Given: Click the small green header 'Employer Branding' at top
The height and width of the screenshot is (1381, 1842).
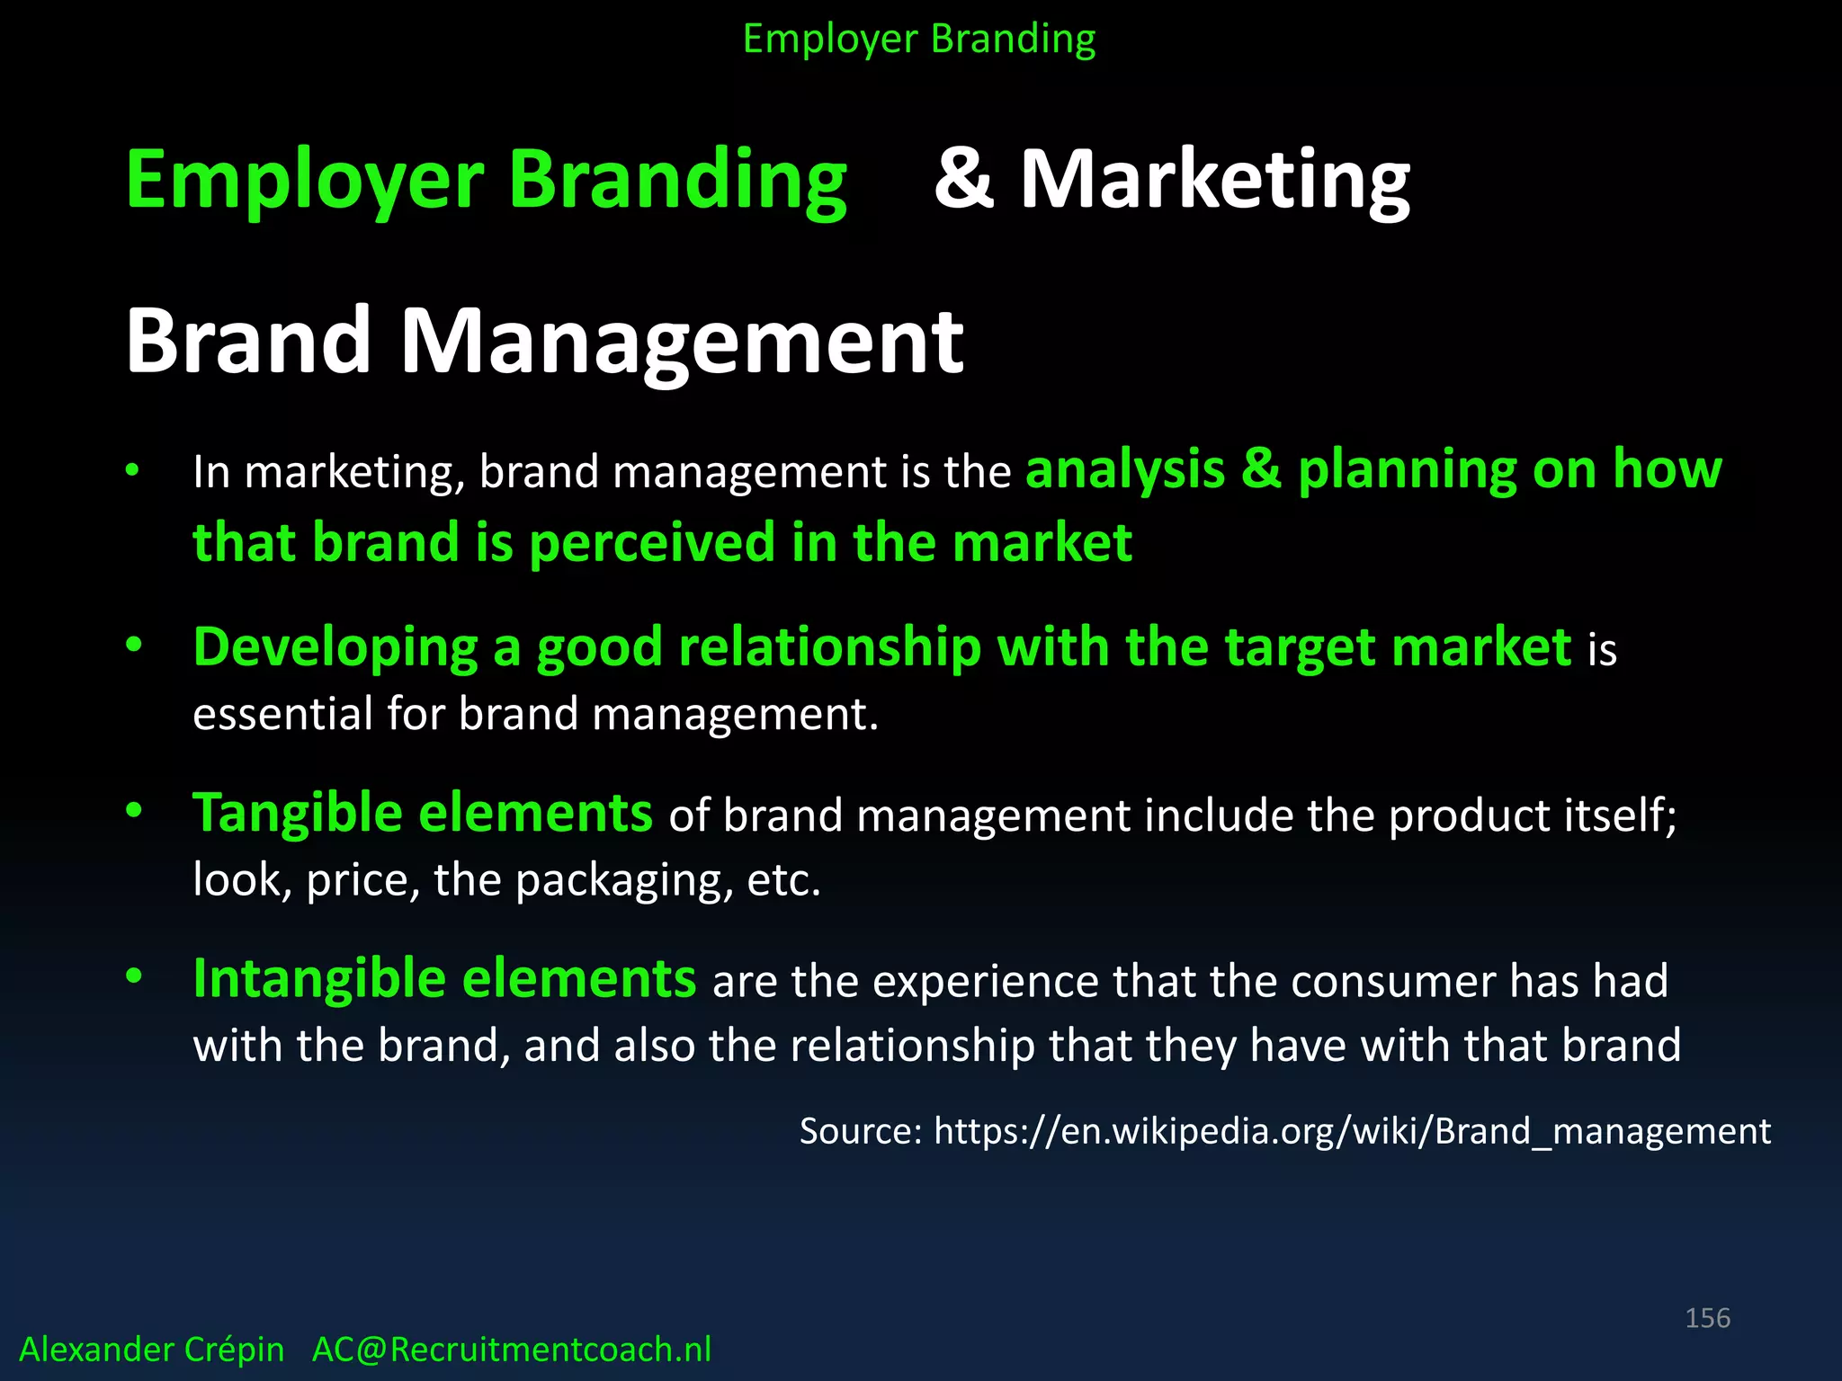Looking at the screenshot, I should (x=919, y=40).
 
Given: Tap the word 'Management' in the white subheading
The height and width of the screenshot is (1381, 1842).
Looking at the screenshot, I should (x=681, y=342).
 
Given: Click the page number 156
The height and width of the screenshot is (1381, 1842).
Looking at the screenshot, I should (x=1707, y=1318).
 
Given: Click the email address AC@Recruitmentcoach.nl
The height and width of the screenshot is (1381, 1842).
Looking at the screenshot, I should (x=511, y=1350).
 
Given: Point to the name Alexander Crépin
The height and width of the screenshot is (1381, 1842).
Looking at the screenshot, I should (x=151, y=1350).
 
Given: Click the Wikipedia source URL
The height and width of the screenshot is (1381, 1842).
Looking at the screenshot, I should (x=1352, y=1131).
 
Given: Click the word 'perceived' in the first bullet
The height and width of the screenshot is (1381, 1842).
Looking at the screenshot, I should (x=652, y=543).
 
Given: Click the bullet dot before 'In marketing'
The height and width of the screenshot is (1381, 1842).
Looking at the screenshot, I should (x=133, y=470).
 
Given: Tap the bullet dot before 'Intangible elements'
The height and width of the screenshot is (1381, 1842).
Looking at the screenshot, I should (x=133, y=977).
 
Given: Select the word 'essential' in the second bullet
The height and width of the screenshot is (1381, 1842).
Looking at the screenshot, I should (x=282, y=715).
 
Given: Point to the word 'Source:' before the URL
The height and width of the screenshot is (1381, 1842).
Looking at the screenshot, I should (x=860, y=1131).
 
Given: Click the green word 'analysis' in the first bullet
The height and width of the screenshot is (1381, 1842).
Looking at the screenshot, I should (x=1125, y=469).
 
